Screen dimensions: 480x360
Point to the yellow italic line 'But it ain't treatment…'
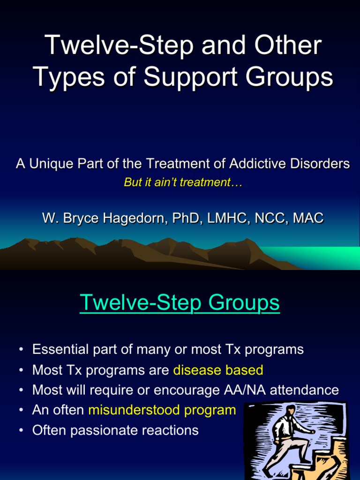[x=183, y=183]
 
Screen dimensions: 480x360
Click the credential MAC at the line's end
[x=308, y=218]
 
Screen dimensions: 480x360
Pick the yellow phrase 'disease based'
[x=218, y=370]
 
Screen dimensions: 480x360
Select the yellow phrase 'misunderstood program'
[x=162, y=410]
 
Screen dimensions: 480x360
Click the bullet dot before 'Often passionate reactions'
[x=21, y=431]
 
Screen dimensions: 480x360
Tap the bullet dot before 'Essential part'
[x=21, y=350]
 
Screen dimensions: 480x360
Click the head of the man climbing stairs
[x=291, y=410]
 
